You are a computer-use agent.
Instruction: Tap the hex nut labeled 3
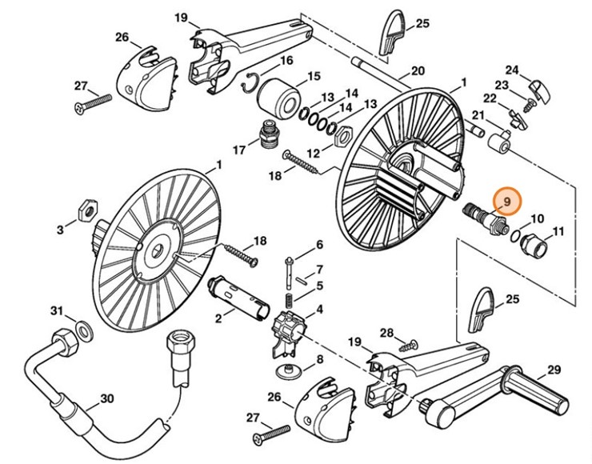(x=85, y=211)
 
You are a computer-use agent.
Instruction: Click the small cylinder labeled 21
(x=499, y=142)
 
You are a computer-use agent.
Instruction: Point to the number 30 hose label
(x=106, y=397)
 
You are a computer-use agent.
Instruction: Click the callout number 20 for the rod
(x=417, y=71)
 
